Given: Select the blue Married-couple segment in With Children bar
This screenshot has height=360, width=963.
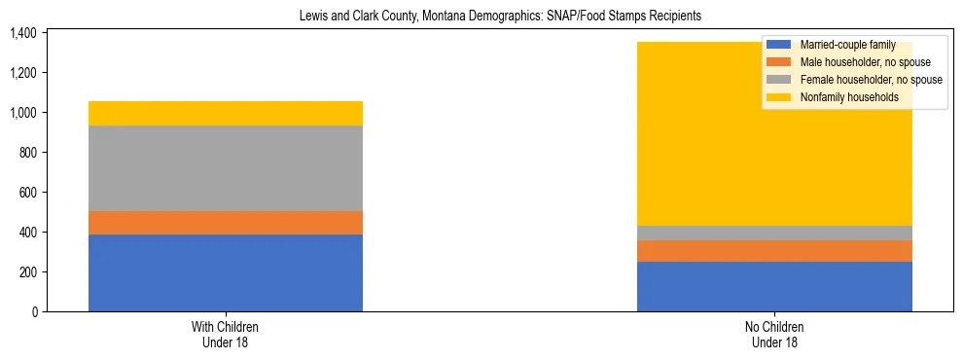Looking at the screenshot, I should click(x=225, y=272).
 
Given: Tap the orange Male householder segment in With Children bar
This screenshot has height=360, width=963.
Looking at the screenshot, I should click(x=225, y=223).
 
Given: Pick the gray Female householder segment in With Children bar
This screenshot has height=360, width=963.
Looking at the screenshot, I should click(x=225, y=168).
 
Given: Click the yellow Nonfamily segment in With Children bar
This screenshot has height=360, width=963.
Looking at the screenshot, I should click(x=225, y=113).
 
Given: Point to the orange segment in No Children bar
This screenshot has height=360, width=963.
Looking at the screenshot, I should click(x=774, y=251).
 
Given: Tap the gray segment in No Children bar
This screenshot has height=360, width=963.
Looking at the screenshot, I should click(x=774, y=233).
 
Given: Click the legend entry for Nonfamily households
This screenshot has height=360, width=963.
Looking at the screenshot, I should click(x=842, y=97).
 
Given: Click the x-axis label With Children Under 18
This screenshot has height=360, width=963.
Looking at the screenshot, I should click(x=225, y=334).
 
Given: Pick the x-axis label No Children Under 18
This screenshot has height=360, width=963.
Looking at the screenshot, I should click(x=774, y=334).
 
